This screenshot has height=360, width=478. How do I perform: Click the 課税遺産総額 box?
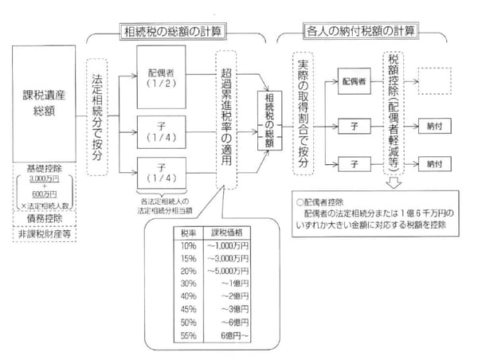[x=44, y=103]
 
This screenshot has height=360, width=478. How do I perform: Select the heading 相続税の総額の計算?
[x=170, y=33]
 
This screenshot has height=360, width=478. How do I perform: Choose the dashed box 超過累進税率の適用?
[x=228, y=119]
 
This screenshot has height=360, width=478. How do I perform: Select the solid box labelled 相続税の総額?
[x=269, y=120]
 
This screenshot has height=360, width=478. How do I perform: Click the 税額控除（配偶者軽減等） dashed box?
[x=394, y=115]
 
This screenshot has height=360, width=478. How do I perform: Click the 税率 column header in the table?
[x=181, y=233]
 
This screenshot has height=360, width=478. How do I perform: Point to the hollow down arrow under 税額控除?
[x=394, y=183]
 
